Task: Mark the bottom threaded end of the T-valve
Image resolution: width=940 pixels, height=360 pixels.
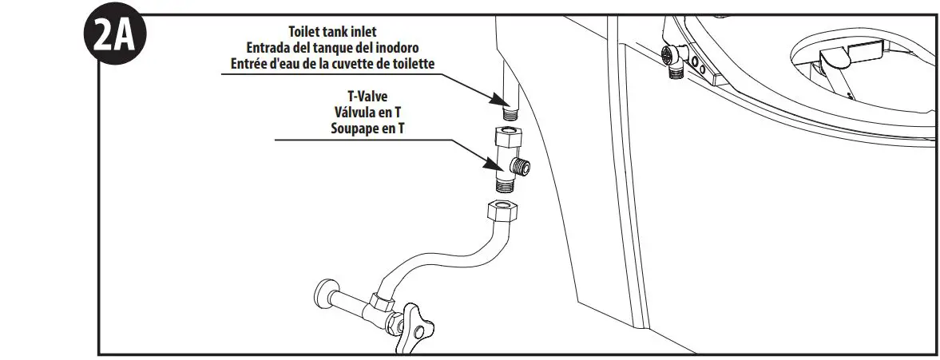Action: (505, 186)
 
